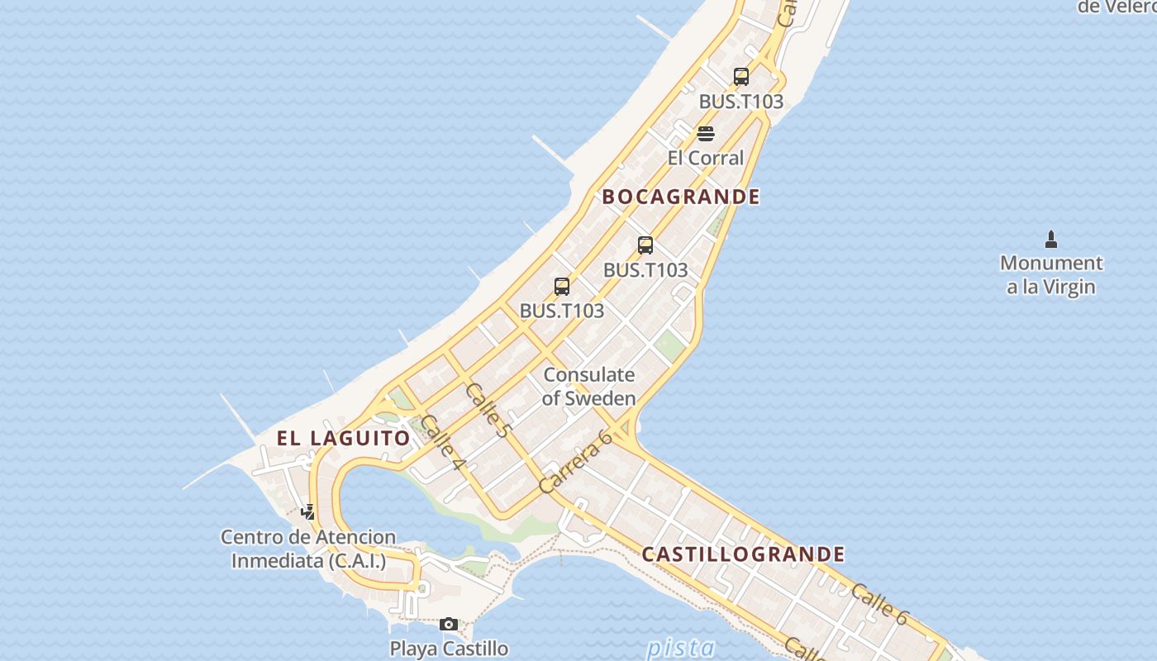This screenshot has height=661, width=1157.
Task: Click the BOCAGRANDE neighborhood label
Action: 681,197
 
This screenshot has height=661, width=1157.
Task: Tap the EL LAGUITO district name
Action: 344,438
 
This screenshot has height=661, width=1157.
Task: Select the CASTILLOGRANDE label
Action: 743,554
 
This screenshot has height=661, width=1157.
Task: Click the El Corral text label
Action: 706,158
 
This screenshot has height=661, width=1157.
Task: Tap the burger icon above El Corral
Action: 705,134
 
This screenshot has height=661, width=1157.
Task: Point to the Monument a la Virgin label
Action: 1051,275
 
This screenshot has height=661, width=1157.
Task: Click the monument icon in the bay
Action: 1051,240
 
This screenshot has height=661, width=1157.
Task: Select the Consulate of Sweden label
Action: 589,386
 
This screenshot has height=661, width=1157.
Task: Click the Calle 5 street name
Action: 488,410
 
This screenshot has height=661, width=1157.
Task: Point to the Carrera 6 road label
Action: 575,463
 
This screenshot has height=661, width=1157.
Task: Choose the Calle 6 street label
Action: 879,604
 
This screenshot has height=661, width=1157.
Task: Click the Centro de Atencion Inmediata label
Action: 308,549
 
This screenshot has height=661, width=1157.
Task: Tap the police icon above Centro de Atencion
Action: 307,512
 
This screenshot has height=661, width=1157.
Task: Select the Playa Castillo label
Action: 449,649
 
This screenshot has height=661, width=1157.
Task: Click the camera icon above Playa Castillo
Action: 449,624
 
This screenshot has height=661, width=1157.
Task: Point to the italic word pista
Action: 681,648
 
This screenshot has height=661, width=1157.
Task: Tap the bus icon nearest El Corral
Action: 741,77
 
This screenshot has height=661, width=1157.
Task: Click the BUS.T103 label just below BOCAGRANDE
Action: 645,270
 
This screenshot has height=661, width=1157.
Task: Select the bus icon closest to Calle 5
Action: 562,287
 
